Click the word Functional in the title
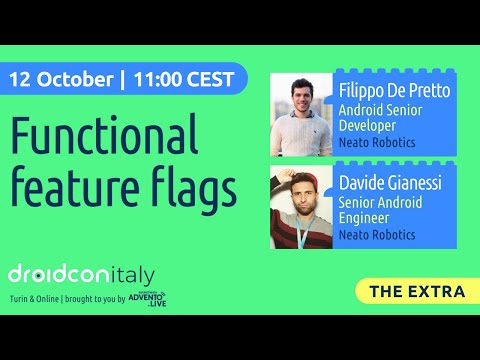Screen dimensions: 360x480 pos(105,136)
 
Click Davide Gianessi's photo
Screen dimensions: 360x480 pos(301,207)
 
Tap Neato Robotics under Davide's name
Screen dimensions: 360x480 pos(377,237)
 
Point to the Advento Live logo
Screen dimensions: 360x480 pos(147,298)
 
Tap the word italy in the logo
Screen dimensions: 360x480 pos(131,274)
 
